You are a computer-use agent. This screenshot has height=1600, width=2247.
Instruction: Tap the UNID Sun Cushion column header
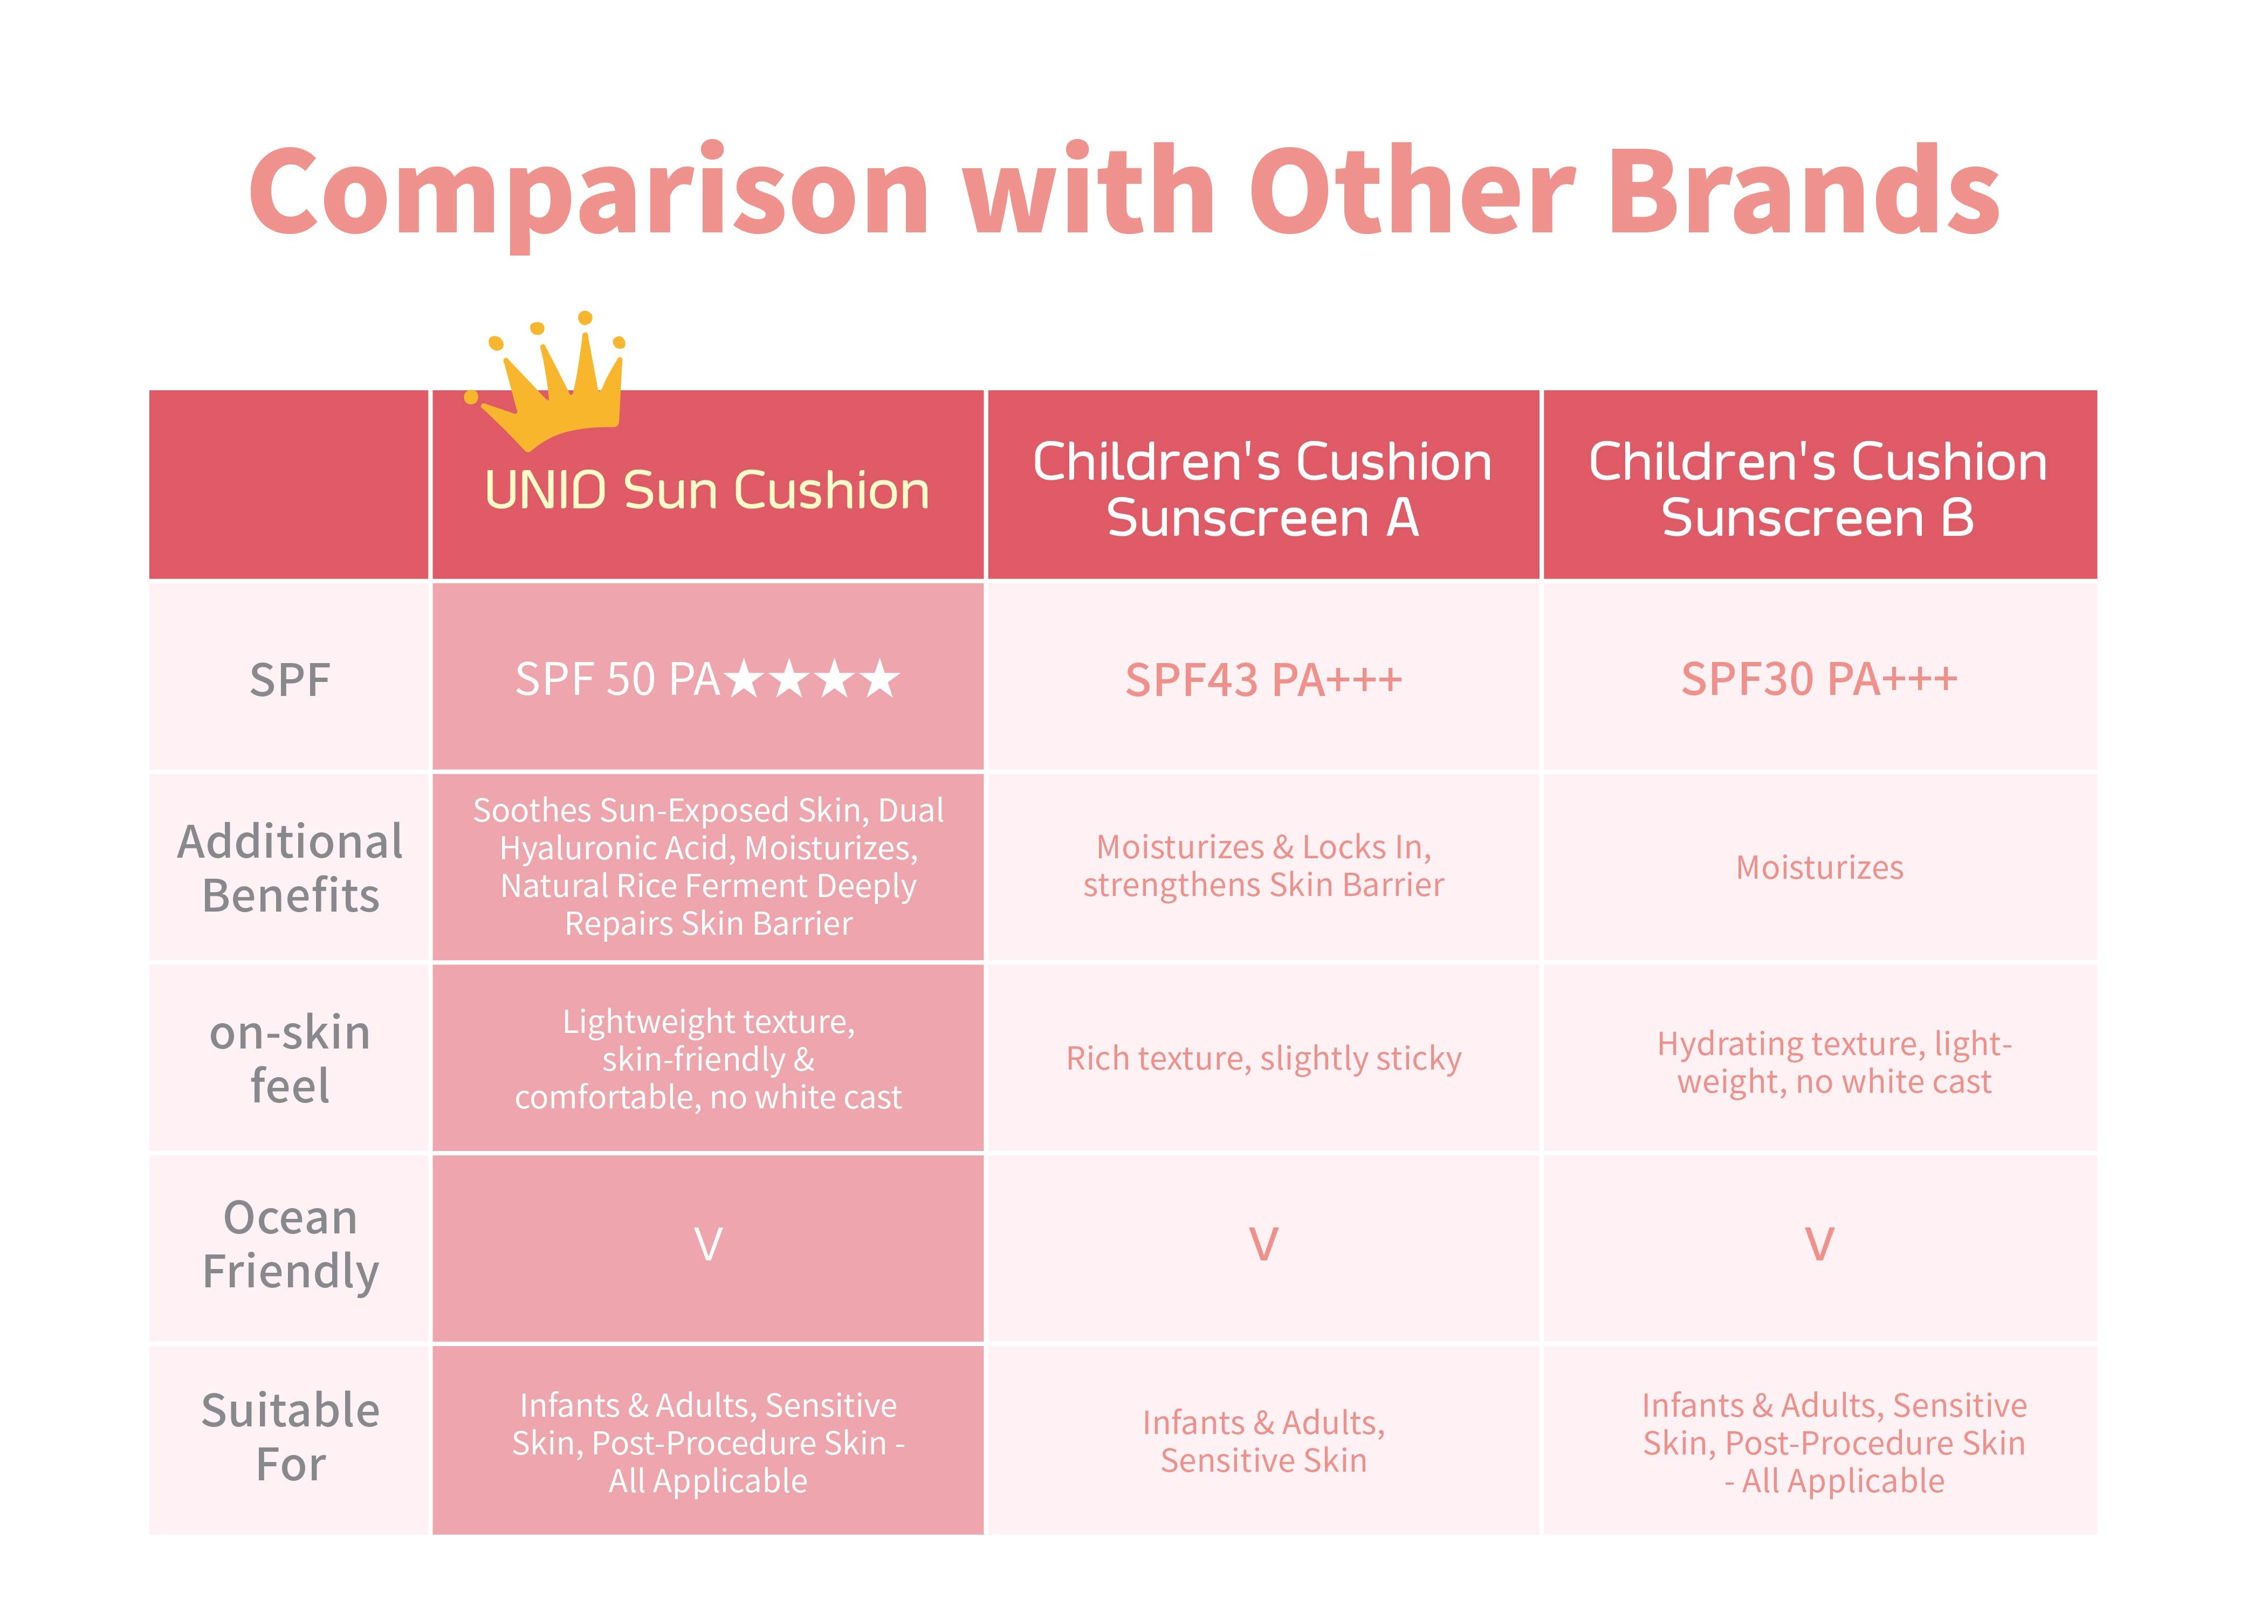pos(707,489)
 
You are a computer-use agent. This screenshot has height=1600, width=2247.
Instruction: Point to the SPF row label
pos(290,680)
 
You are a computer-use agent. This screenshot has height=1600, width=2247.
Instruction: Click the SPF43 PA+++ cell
pos(1263,680)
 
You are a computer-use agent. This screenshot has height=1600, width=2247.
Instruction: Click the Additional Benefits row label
pos(290,868)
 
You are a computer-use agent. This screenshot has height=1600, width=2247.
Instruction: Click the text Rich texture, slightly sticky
pos(1263,1058)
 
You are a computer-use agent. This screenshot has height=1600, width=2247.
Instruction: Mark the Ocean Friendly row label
pos(290,1244)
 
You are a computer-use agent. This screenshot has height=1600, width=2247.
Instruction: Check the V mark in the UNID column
pos(707,1244)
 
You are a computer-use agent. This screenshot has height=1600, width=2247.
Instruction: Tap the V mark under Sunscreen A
pos(1263,1244)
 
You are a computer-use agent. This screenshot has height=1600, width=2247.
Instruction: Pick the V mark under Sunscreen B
pos(1819,1244)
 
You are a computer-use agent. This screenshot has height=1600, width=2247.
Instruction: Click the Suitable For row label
pos(290,1437)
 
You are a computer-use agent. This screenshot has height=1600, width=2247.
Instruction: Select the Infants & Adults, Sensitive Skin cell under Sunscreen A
pos(1263,1442)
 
